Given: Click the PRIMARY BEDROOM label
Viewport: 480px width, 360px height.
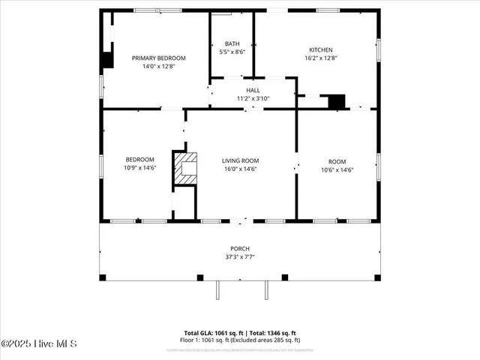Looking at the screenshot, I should tap(158, 58).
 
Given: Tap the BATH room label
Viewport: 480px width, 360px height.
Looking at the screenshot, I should tap(231, 43).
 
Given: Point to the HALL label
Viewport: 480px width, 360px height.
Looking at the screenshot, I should tap(253, 90).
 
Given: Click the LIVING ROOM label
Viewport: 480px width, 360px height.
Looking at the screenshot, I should tap(240, 160).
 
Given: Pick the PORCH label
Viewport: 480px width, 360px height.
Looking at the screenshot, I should tap(240, 248).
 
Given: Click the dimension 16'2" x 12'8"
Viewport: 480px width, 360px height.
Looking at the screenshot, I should tap(321, 58).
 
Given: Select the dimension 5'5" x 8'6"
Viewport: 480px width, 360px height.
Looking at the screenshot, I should tap(231, 52).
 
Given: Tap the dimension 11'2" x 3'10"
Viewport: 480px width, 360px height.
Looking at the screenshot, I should tap(253, 98).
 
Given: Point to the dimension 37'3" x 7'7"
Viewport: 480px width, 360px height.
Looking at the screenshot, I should tap(240, 256).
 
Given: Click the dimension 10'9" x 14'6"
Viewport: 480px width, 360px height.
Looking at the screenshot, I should tap(139, 169).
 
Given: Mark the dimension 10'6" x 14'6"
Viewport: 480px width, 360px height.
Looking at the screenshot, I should tap(337, 169).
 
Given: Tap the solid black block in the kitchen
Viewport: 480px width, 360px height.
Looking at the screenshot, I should tap(337, 100).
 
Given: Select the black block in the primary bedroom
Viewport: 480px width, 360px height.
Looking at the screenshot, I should tap(107, 60).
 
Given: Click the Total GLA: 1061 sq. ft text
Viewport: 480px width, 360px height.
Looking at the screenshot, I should tap(212, 332).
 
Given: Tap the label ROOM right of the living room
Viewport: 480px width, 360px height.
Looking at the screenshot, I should tap(337, 161).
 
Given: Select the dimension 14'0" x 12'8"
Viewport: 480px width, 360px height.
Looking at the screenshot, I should tap(158, 66).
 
